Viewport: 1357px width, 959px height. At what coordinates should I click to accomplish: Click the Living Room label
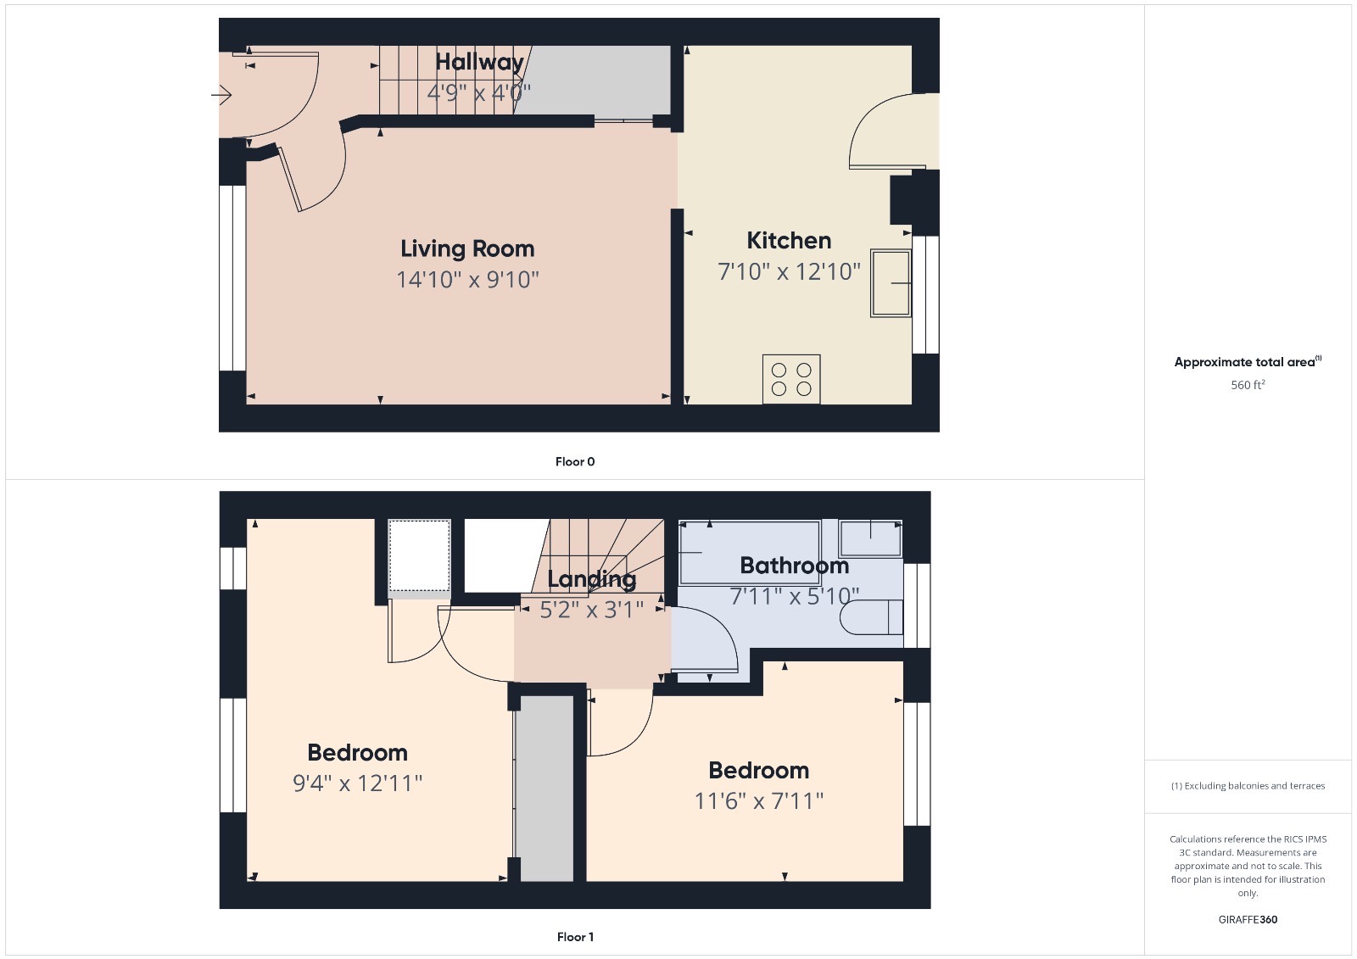pos(467,248)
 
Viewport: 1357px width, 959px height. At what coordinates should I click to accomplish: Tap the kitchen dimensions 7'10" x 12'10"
pos(789,271)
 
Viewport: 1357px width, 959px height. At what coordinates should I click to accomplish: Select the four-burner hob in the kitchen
pos(790,379)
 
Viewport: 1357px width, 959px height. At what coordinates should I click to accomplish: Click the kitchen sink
pos(891,283)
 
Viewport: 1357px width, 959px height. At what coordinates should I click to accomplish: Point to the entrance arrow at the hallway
pos(221,95)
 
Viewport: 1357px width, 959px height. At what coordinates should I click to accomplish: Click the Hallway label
pos(479,62)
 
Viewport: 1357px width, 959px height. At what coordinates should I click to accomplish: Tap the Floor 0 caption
pos(574,462)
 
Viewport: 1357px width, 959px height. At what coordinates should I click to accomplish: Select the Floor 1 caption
pos(574,937)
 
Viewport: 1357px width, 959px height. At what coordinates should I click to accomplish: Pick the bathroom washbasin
pos(870,538)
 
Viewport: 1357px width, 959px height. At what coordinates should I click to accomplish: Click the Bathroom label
pos(794,566)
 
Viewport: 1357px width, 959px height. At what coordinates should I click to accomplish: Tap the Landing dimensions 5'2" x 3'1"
pos(591,610)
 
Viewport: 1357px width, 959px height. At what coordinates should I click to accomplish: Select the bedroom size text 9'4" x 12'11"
pos(357,783)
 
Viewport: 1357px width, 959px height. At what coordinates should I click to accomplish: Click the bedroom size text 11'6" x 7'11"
pos(758,800)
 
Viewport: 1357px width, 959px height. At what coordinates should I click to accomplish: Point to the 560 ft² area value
pos(1248,385)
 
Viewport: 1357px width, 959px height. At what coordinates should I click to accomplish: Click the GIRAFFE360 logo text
pos(1248,919)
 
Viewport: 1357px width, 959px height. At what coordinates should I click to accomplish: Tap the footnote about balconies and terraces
pos(1248,786)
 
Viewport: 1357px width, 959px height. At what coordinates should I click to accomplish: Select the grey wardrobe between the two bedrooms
pos(545,789)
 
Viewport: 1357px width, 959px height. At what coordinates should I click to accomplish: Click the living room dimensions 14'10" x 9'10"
pos(467,279)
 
